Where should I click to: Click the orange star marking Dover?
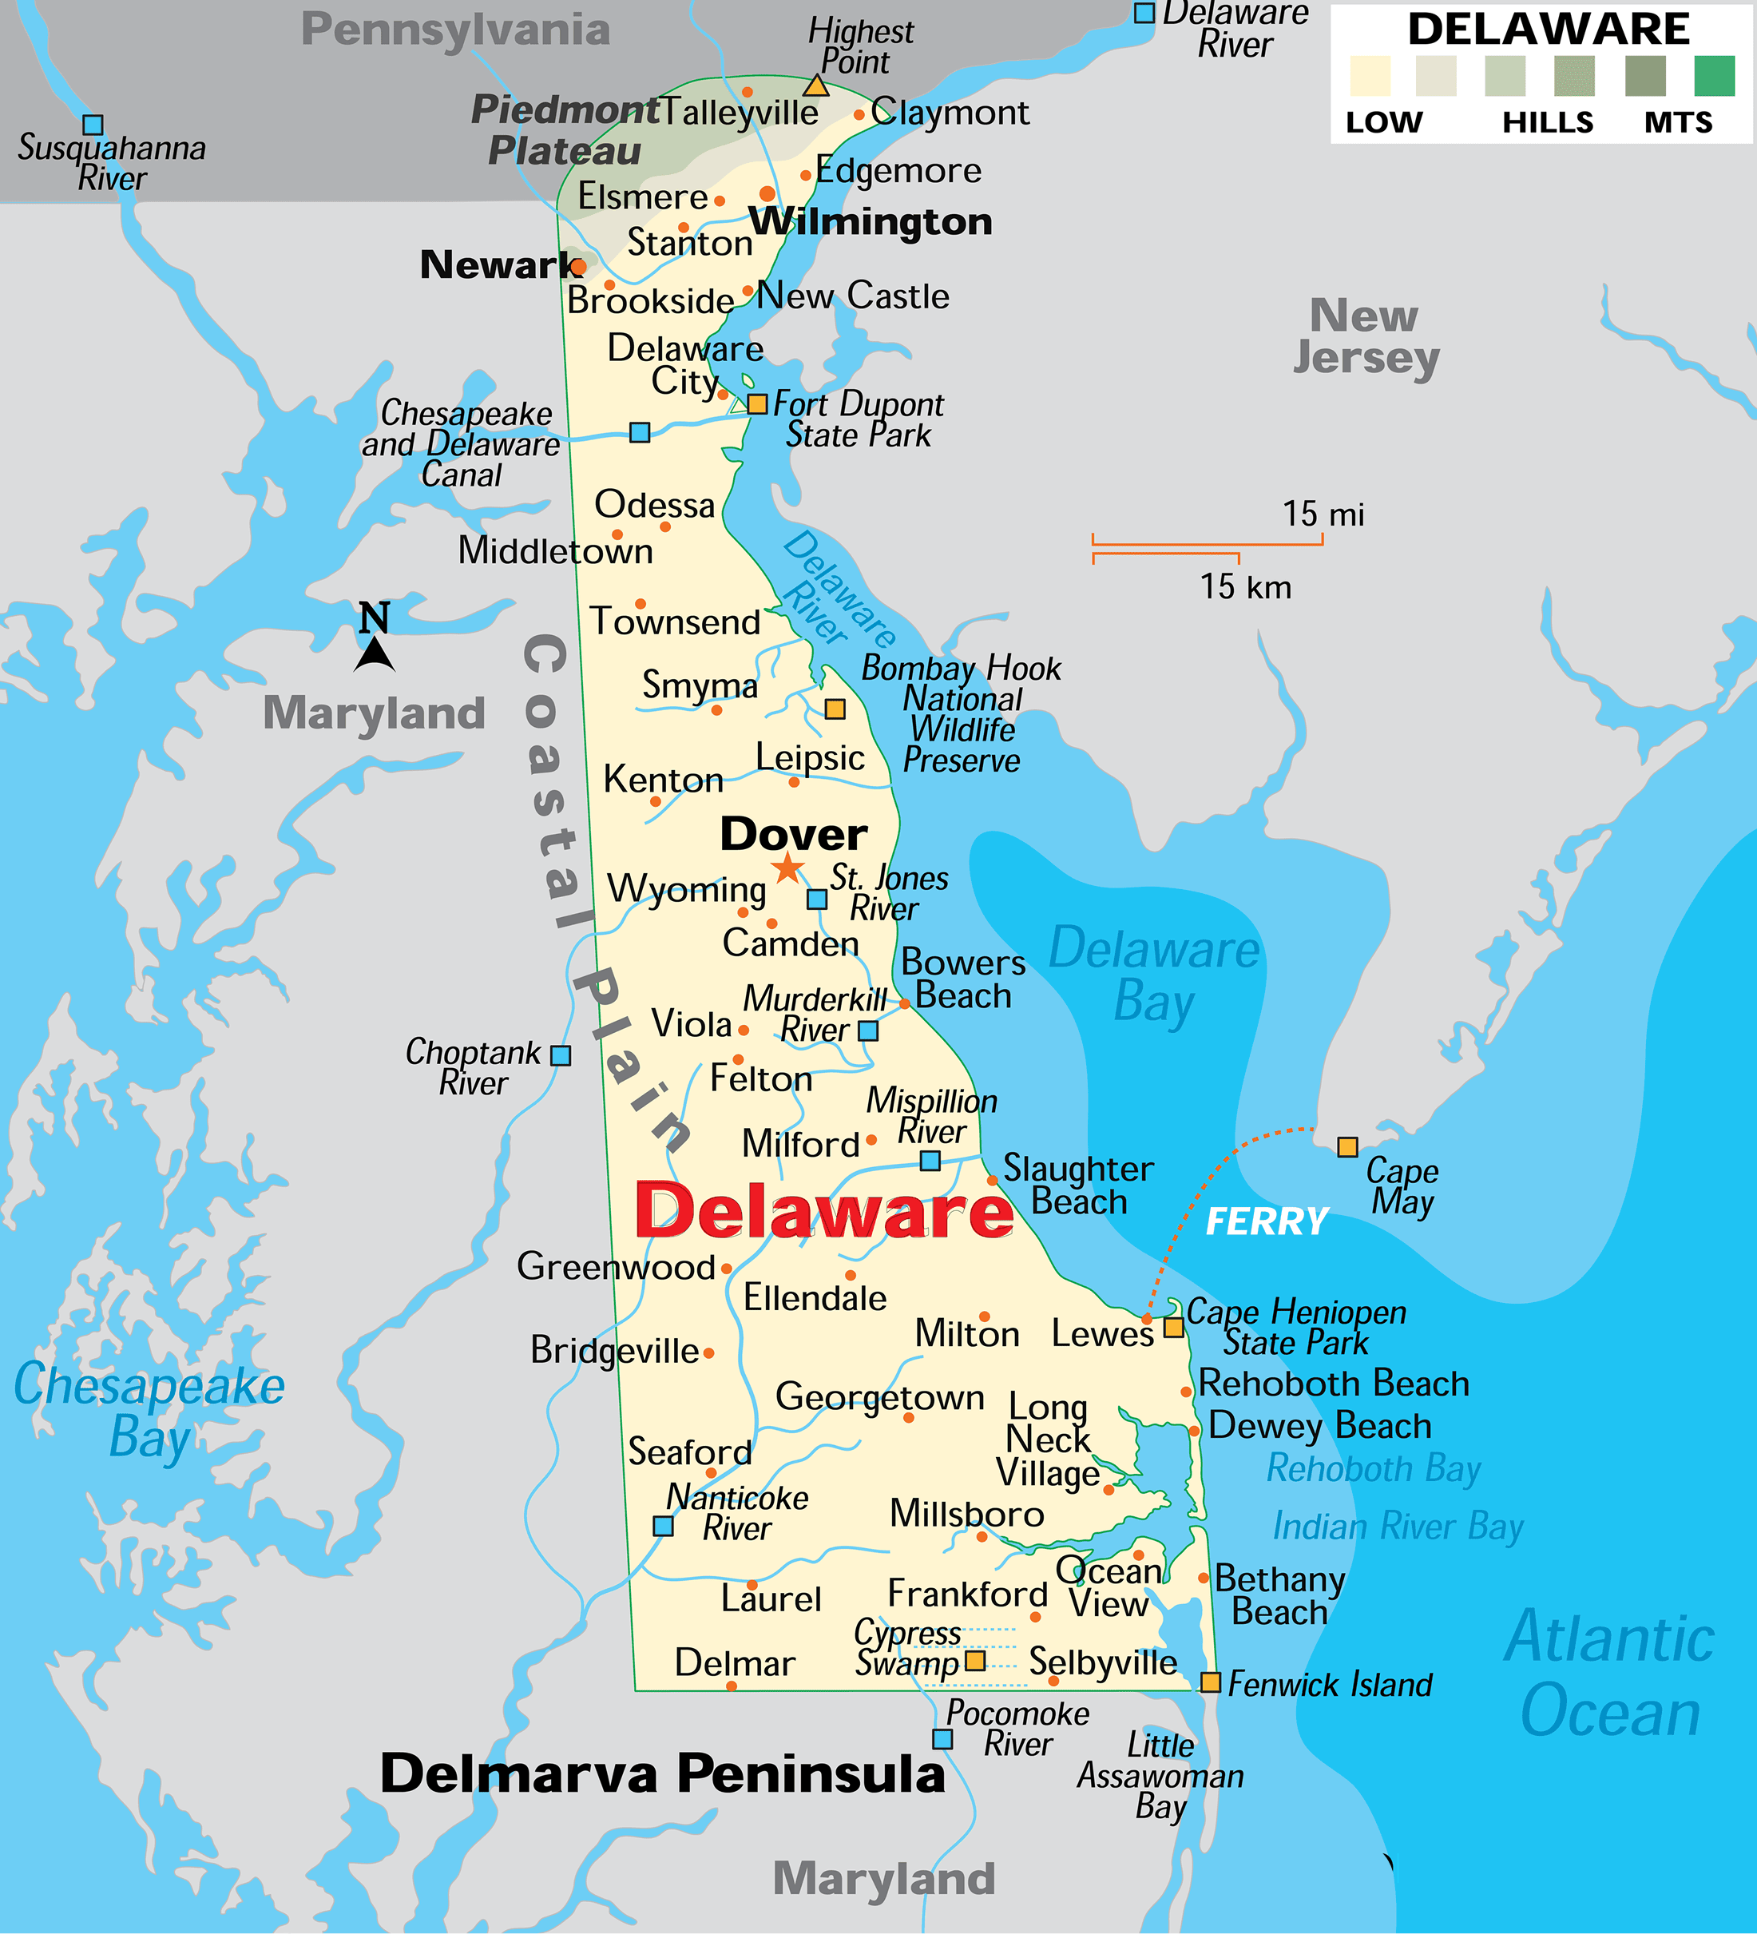(x=787, y=868)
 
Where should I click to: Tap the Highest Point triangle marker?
(x=816, y=86)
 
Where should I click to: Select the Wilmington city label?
(x=871, y=221)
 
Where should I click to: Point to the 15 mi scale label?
(x=1323, y=514)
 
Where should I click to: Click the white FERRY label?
(x=1266, y=1221)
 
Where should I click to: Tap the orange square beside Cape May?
(x=1347, y=1146)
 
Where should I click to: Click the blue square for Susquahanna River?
(x=93, y=125)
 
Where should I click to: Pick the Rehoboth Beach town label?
(x=1333, y=1384)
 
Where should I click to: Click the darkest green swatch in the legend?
(x=1714, y=76)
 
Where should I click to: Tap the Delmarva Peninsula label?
(x=663, y=1773)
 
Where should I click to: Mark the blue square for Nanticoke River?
(x=663, y=1525)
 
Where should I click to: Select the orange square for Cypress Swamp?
(x=974, y=1660)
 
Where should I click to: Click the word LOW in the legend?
(x=1384, y=123)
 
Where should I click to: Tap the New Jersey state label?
(x=1366, y=337)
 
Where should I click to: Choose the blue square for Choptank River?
(x=561, y=1055)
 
